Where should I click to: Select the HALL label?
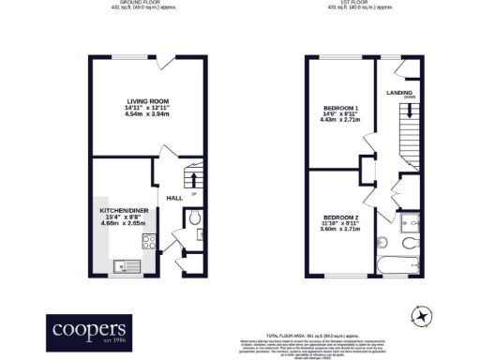tap(174, 198)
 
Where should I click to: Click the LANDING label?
tap(401, 94)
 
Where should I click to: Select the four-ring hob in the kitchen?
tap(148, 242)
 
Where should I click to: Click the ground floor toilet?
tap(193, 218)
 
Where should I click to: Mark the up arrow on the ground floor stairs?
tap(193, 178)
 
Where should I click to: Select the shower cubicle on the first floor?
tap(408, 224)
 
